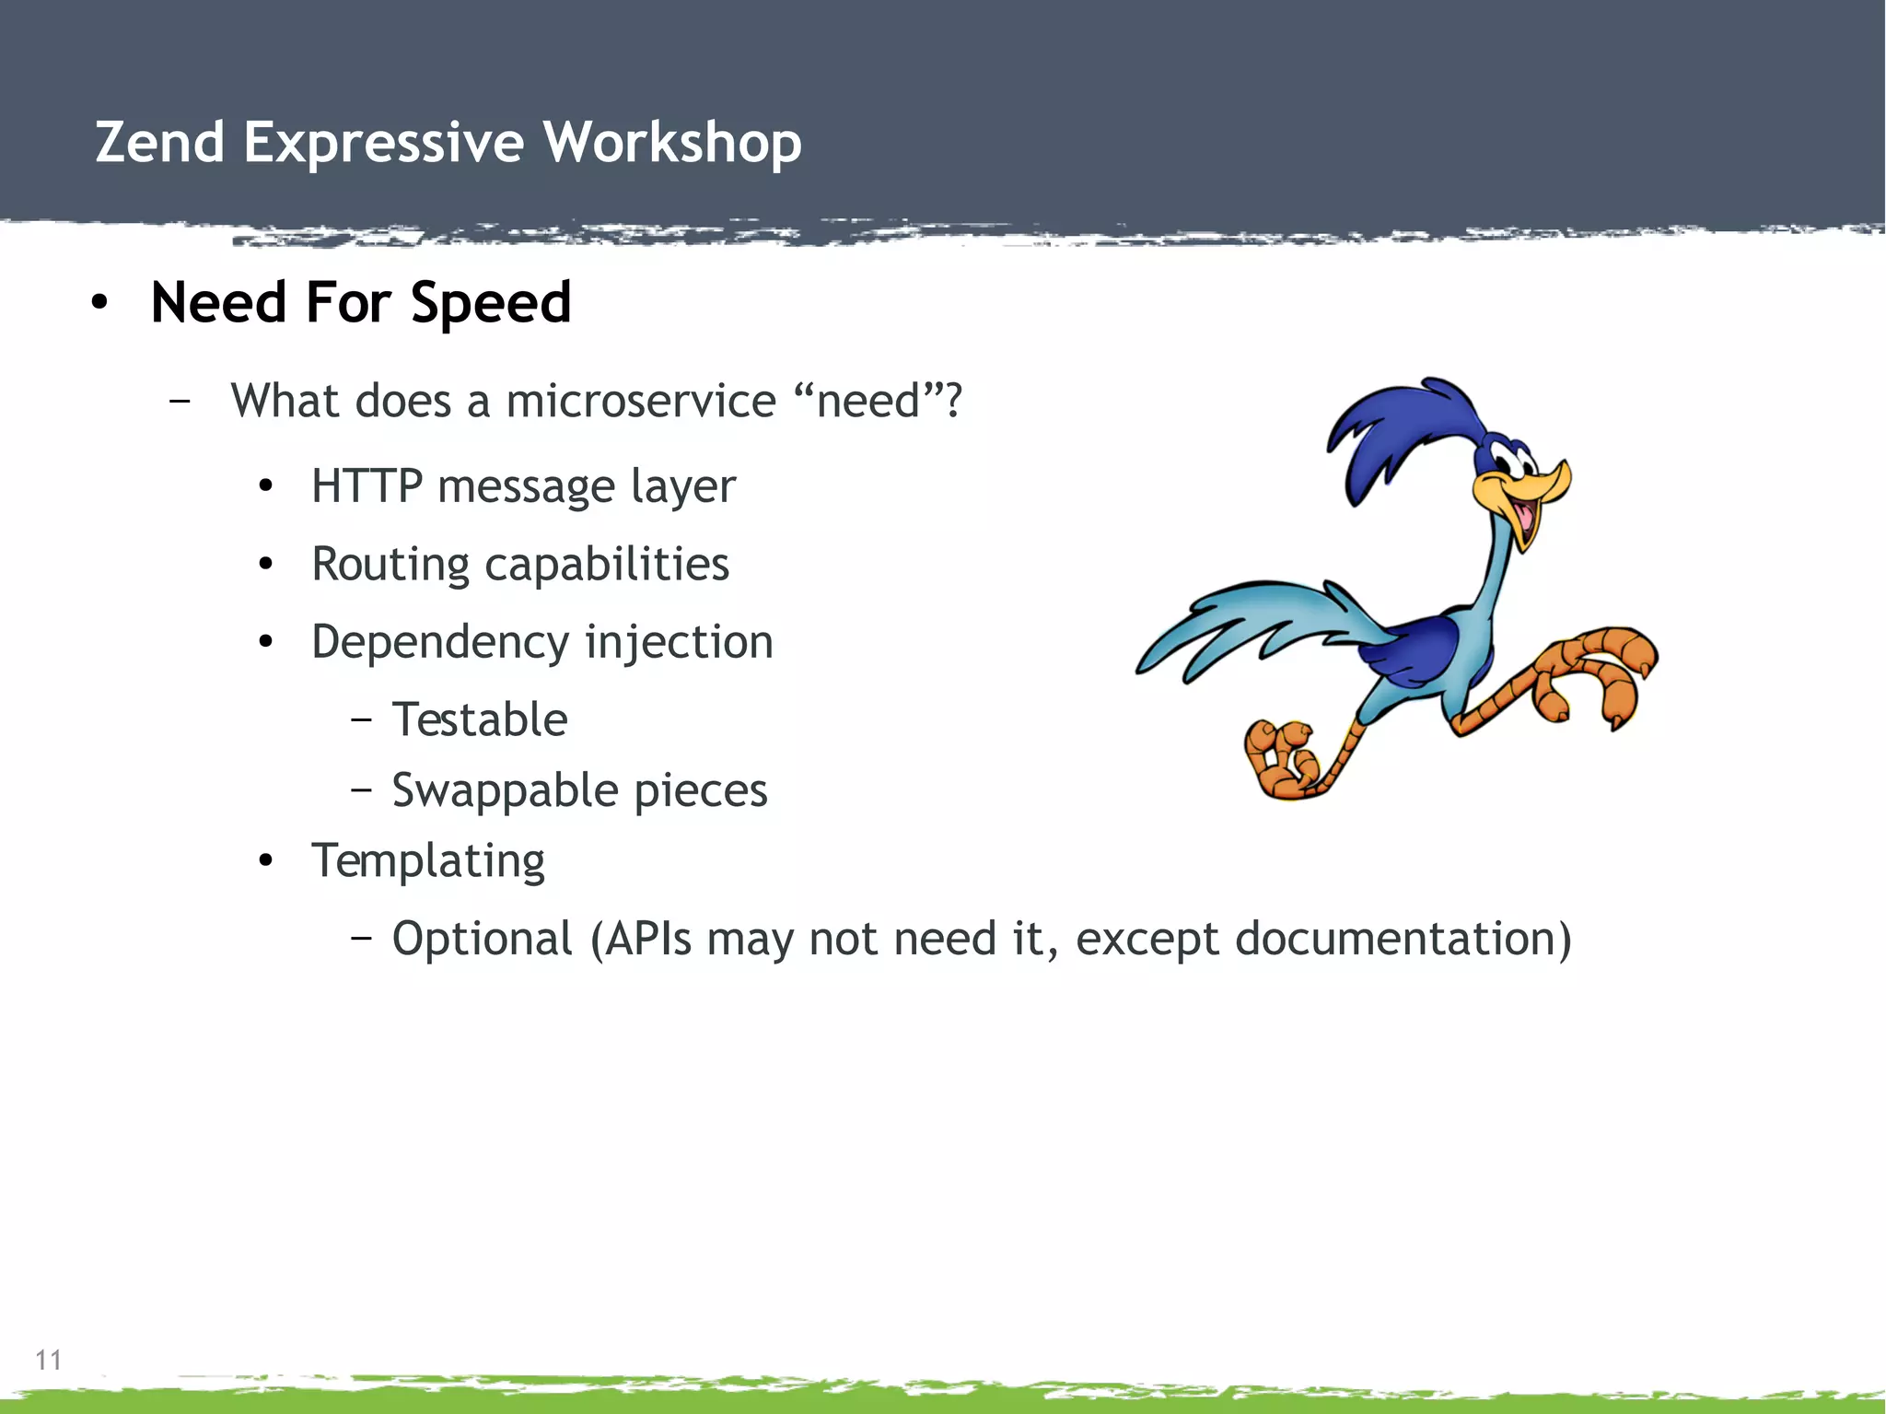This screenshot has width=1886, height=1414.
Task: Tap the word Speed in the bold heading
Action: coord(490,303)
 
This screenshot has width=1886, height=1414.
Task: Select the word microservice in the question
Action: coord(641,402)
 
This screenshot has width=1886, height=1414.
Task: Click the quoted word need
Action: coord(867,402)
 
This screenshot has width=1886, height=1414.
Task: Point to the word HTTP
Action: coord(367,485)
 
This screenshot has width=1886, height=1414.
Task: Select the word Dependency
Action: coord(439,643)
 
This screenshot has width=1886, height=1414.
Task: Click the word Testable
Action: coord(480,719)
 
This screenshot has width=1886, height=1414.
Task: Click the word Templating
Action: coord(428,862)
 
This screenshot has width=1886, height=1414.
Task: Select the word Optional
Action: coord(483,939)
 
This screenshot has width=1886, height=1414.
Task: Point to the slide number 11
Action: coord(48,1360)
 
